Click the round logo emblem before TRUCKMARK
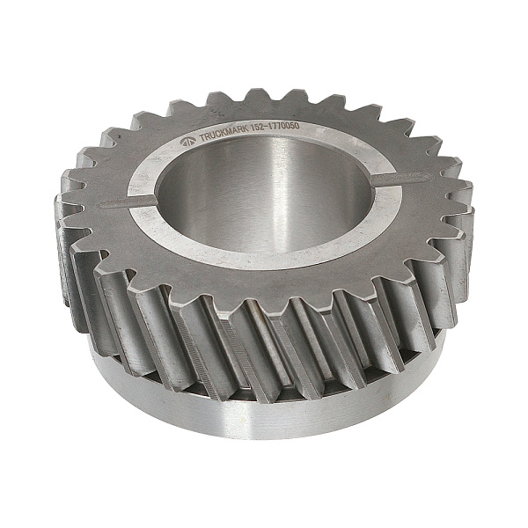coord(188,142)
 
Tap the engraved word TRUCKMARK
coord(224,133)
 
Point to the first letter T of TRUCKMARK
coord(202,138)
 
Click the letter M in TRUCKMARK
coord(229,132)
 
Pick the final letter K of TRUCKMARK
coord(246,129)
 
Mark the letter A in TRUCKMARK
coord(235,131)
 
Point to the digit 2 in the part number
coord(262,128)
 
